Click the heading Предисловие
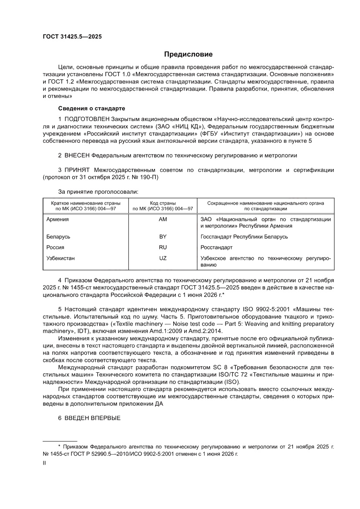[x=188, y=54]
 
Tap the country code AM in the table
[x=163, y=219]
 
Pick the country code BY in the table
[x=163, y=237]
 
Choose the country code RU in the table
[x=163, y=247]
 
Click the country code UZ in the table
[x=163, y=258]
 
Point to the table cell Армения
[x=57, y=219]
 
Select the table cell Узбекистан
[x=61, y=258]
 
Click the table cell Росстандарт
[x=216, y=247]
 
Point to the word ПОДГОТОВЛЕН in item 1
[x=87, y=119]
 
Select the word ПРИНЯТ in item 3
[x=77, y=170]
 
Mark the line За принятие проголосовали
[x=98, y=191]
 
